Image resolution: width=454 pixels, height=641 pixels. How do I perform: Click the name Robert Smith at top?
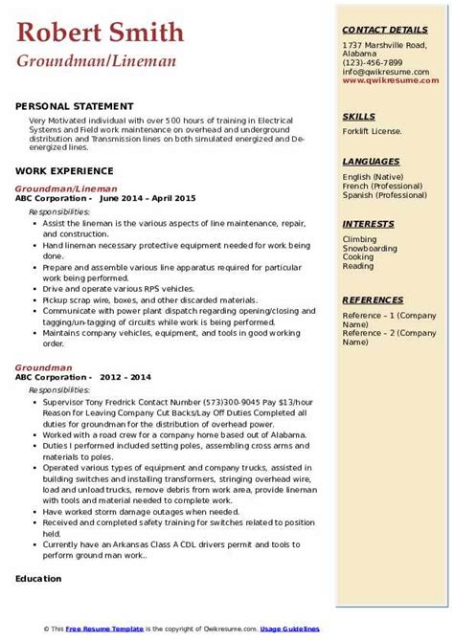coord(100,33)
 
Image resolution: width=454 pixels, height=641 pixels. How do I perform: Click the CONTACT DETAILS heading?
coord(385,30)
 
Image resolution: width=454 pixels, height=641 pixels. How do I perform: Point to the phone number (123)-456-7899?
coord(375,62)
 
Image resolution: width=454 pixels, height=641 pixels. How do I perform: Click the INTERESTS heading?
coord(369,225)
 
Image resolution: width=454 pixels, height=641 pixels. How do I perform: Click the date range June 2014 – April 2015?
coord(147,197)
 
